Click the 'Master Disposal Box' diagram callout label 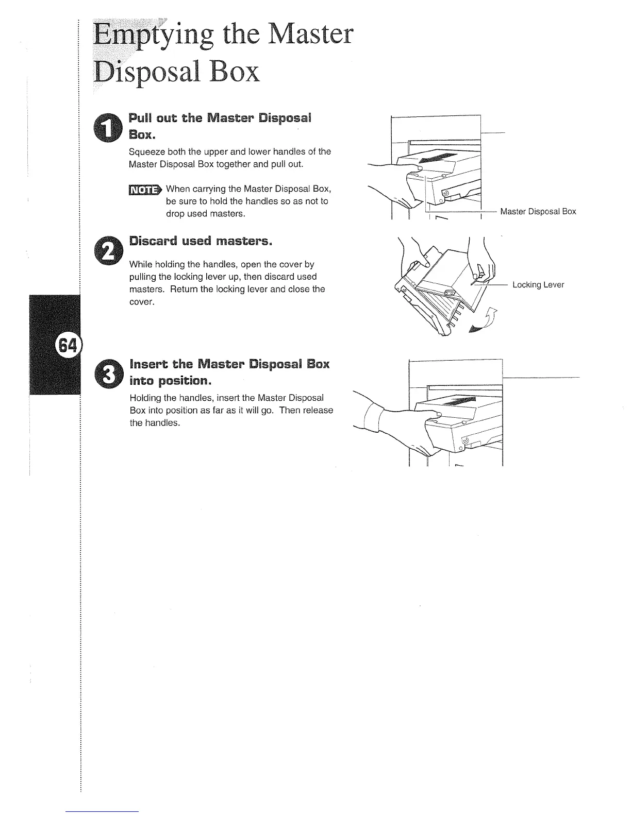[538, 212]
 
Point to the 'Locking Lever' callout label [538, 285]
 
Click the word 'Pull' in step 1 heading [139, 118]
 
